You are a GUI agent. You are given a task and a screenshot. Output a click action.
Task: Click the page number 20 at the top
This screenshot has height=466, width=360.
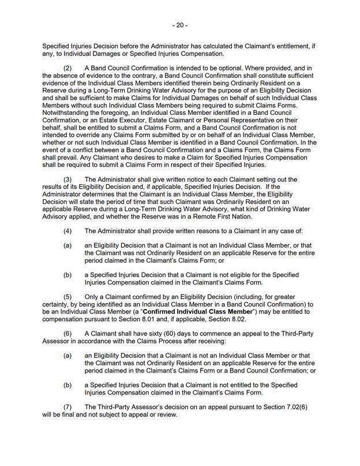tap(180, 26)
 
